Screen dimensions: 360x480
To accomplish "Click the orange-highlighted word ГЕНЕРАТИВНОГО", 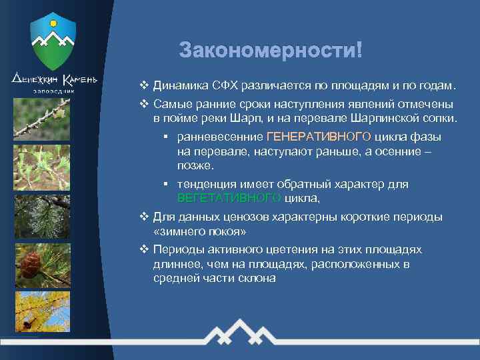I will click(319, 137).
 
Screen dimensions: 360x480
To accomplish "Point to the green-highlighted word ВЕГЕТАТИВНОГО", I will click(229, 198).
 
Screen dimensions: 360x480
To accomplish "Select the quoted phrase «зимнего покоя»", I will click(199, 231).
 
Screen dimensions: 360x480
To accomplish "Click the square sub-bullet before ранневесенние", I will click(165, 137).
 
